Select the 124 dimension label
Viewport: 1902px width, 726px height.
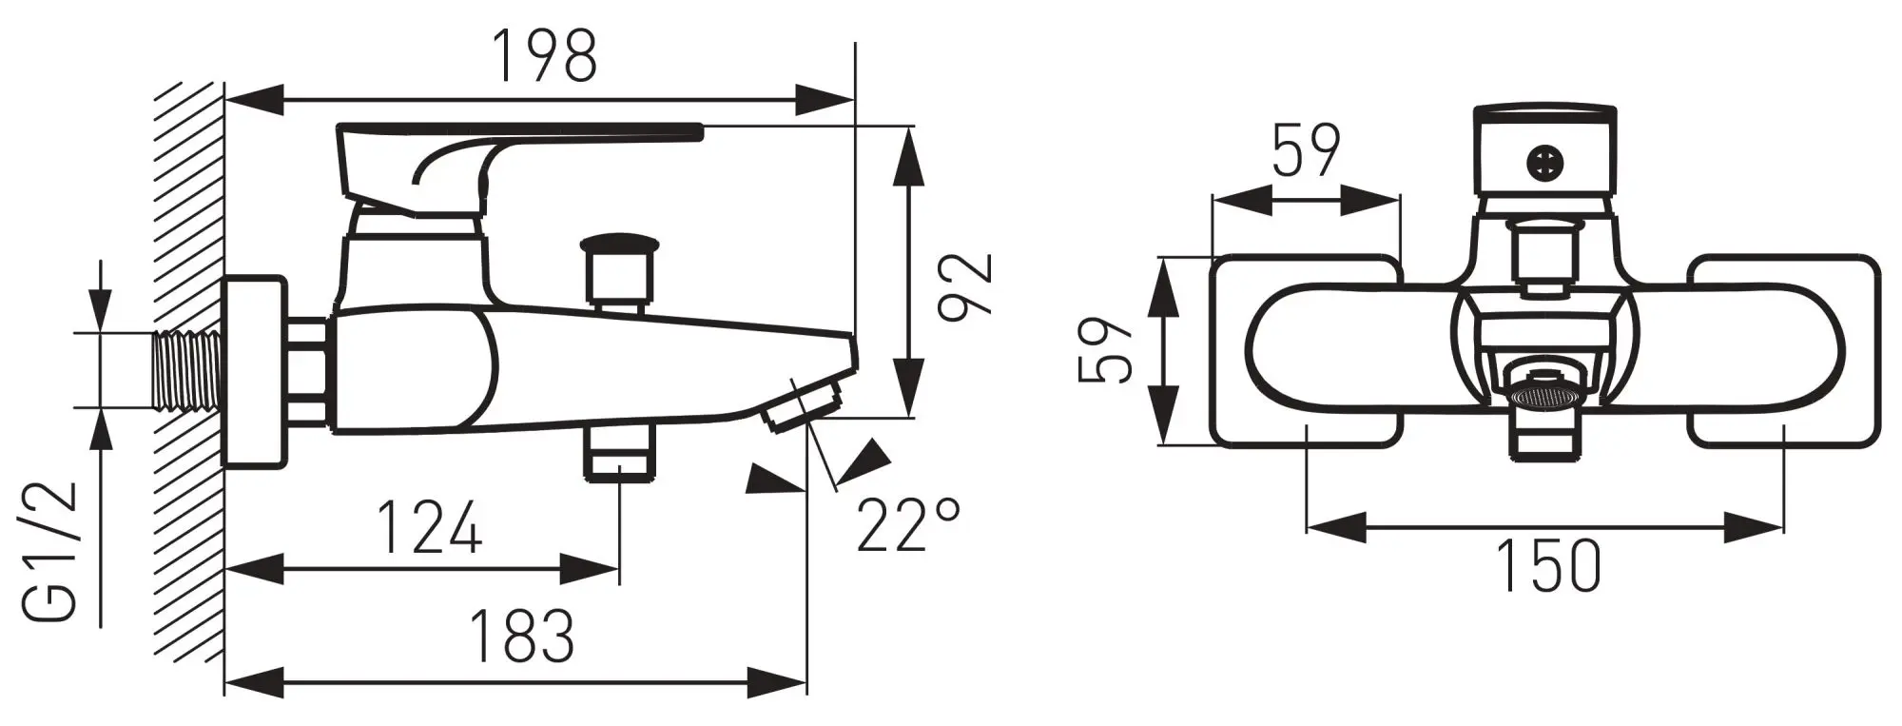click(x=430, y=528)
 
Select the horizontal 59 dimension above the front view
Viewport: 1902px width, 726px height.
click(x=1307, y=150)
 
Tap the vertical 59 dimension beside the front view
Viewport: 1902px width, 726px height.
click(x=1106, y=350)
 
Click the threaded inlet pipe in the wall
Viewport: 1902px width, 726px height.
click(x=186, y=370)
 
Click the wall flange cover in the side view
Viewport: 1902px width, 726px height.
click(x=255, y=372)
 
